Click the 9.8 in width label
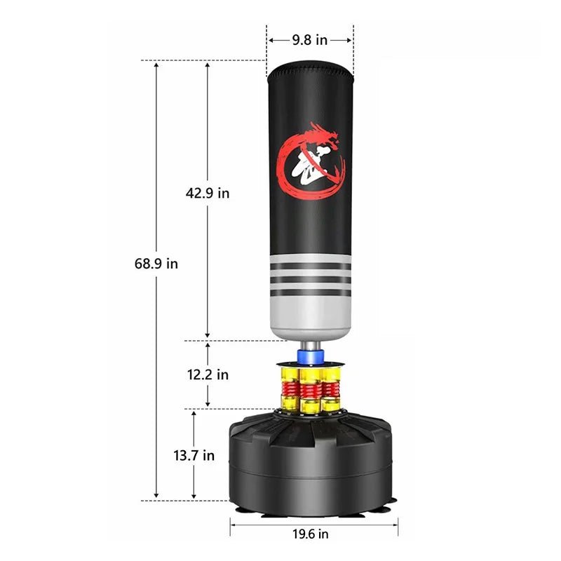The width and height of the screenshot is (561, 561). tap(309, 40)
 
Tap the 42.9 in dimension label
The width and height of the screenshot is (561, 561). tap(208, 194)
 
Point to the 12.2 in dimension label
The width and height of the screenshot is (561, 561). tap(208, 374)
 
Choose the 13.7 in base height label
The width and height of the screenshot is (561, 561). tap(194, 455)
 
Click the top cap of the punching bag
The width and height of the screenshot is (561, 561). tap(310, 69)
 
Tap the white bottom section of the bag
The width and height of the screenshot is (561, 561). tap(310, 312)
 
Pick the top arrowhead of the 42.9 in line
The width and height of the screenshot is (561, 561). tap(208, 64)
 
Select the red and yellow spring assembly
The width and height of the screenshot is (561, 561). tap(310, 389)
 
